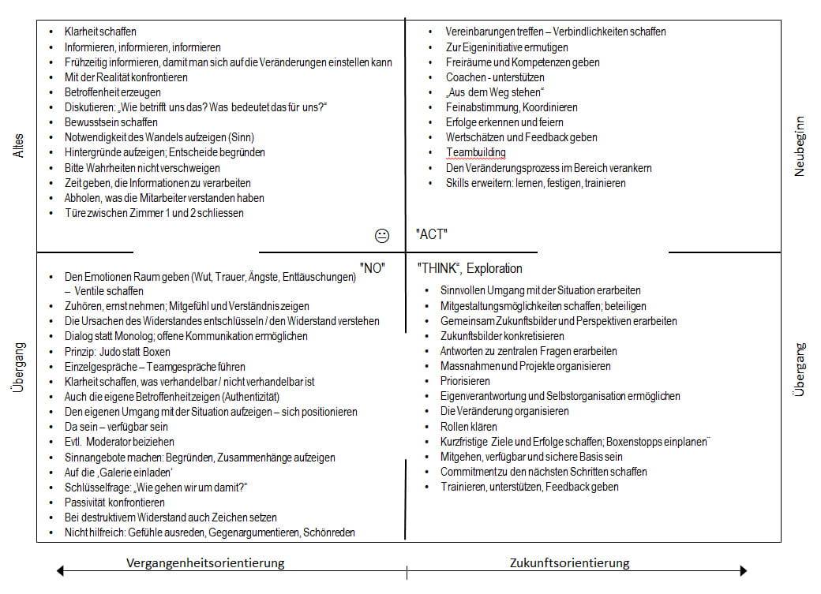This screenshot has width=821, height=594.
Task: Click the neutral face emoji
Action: click(381, 235)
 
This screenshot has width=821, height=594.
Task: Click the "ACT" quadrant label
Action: click(432, 234)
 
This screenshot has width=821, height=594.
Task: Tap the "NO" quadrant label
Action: click(372, 267)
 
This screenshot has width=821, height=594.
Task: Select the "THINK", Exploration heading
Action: click(470, 268)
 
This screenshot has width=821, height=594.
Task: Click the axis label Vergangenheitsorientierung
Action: click(205, 562)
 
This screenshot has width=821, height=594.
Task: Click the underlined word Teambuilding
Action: click(475, 152)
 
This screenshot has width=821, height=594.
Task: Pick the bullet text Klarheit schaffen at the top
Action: click(100, 32)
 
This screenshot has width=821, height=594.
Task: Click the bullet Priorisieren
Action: click(465, 381)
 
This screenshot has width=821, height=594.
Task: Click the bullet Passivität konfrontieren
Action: click(114, 502)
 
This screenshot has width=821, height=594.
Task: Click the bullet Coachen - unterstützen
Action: click(495, 77)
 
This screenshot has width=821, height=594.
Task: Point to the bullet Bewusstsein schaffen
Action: click(111, 122)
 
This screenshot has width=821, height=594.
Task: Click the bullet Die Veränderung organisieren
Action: click(504, 411)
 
